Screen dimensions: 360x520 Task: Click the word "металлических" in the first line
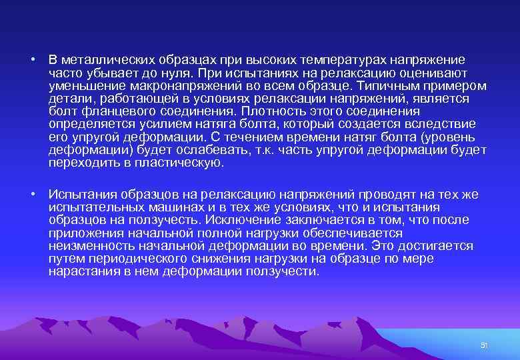(101, 60)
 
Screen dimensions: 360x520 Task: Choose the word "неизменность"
(87, 246)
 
